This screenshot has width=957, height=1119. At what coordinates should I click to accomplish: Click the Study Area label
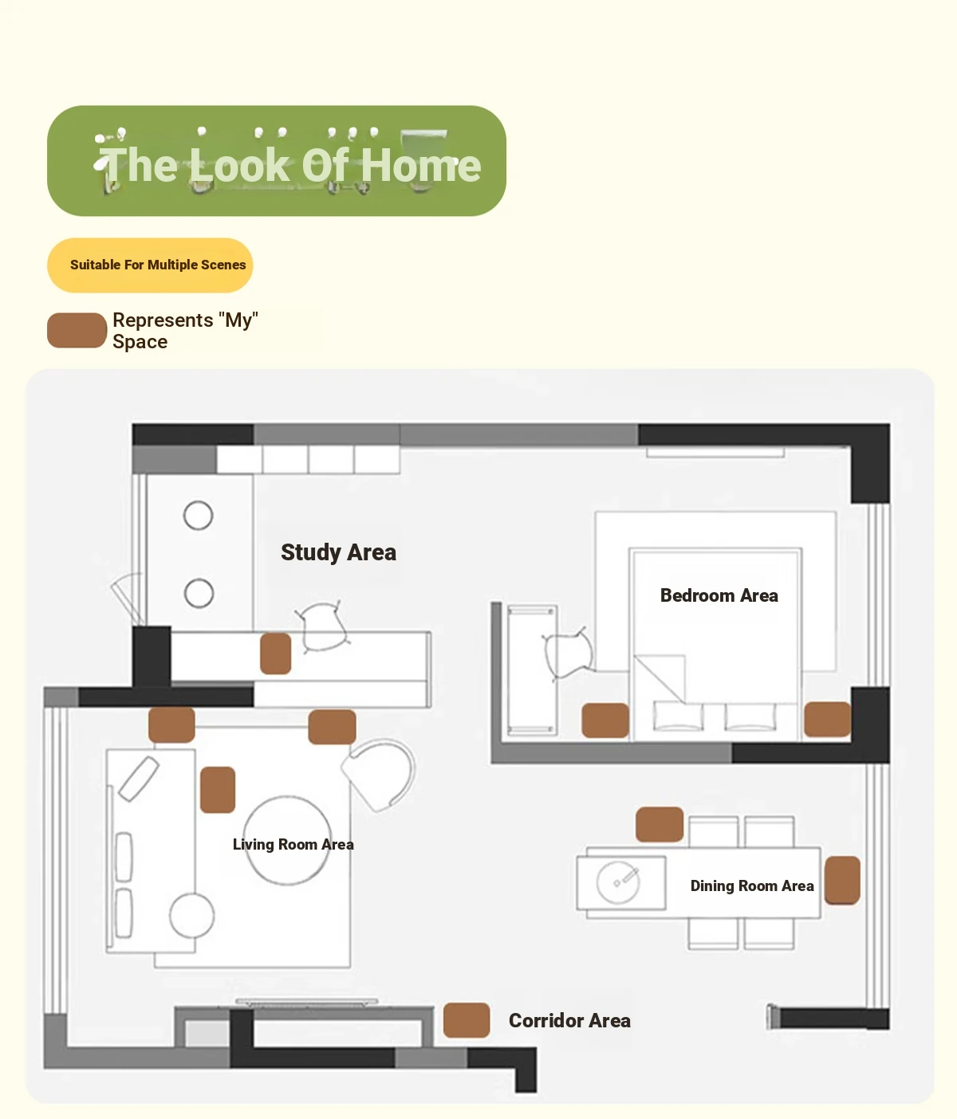coord(338,552)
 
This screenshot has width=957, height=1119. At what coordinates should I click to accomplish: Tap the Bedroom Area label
coord(719,595)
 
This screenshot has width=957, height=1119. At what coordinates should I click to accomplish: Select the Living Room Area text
coord(293,844)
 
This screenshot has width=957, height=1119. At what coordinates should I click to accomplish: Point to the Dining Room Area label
coord(752,885)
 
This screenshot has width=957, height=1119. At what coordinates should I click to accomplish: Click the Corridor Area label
coord(569,1020)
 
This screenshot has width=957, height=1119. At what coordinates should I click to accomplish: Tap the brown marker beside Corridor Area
coord(467,1020)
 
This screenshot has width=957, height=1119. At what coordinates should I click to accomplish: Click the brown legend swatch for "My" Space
coord(77,330)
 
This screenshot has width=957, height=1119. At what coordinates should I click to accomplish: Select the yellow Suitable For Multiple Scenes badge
coord(150,265)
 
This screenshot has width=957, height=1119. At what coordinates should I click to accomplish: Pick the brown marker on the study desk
coord(276,654)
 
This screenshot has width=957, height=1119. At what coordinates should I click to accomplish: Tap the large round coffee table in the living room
coord(287,840)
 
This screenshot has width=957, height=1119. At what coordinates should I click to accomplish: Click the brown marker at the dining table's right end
coord(842,880)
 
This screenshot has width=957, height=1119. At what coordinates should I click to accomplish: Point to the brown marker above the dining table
coord(659,824)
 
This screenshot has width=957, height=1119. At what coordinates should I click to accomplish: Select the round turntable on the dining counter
coord(617,882)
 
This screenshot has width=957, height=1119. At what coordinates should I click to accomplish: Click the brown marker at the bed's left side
coord(605,720)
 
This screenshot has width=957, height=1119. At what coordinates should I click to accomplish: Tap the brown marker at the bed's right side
coord(827,719)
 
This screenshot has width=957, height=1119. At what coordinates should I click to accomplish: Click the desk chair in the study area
coord(323,627)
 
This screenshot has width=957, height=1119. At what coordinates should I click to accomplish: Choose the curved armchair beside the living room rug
coord(380,775)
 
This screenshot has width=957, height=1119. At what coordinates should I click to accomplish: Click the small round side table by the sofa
coord(191,915)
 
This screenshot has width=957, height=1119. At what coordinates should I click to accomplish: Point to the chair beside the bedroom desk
coord(568,654)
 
